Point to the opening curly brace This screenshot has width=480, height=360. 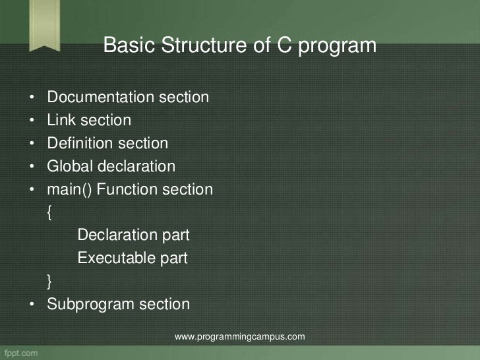coord(51,213)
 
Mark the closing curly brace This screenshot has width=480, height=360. coord(51,282)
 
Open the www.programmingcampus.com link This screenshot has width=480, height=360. coord(239,337)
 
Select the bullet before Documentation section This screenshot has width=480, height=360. coord(32,99)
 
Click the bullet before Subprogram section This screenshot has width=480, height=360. coord(32,305)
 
